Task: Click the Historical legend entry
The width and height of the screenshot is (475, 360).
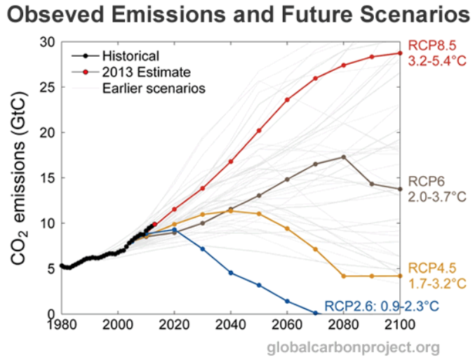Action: pos(131,55)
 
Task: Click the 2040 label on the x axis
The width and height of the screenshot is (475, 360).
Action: pos(231,325)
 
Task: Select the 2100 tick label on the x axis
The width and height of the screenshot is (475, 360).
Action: pos(400,325)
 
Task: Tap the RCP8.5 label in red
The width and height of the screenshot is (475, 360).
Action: pos(431,44)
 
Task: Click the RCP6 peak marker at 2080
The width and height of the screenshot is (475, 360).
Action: pos(344,156)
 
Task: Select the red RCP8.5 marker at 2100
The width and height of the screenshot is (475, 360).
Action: pos(400,53)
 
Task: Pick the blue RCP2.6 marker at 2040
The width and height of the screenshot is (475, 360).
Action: pos(231,272)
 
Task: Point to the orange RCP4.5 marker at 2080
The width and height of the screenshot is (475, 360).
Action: pos(344,276)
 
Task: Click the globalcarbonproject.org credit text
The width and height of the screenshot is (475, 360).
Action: pos(353,347)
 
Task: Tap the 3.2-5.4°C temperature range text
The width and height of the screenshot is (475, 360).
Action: pos(438,60)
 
